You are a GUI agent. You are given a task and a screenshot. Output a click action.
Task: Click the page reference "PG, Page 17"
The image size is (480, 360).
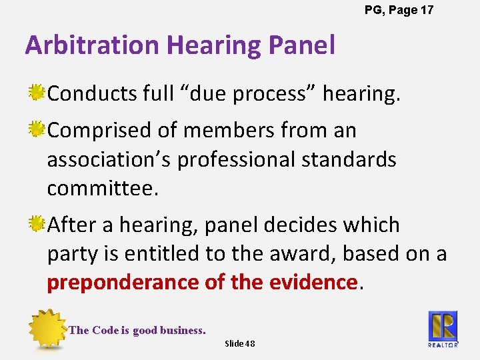coord(399,10)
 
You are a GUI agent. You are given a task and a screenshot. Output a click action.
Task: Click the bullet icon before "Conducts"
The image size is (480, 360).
coord(37,93)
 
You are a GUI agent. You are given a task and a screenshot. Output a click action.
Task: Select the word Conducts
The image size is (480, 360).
coord(92,93)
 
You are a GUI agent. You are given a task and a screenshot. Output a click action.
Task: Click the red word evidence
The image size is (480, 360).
coord(313,283)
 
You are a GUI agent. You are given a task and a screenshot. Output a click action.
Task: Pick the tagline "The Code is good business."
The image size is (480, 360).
coord(137,330)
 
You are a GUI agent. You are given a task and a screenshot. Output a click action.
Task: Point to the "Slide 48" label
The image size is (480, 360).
coord(240,343)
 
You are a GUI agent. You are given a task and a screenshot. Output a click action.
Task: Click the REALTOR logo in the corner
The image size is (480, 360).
coord(443,329)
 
